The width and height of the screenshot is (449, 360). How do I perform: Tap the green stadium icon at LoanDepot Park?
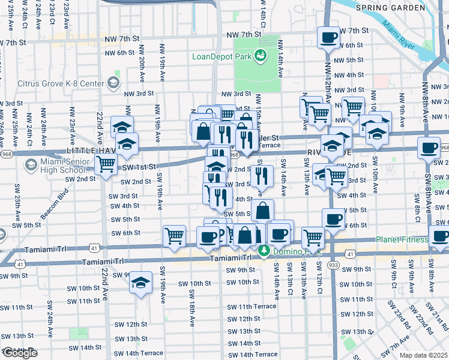click(x=260, y=56)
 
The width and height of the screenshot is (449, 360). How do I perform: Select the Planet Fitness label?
click(x=402, y=240)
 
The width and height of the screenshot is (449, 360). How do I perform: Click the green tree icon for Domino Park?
click(x=262, y=250)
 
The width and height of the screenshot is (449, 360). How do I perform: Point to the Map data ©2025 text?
click(x=423, y=355)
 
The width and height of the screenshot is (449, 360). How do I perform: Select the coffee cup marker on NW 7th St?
click(x=328, y=37)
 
